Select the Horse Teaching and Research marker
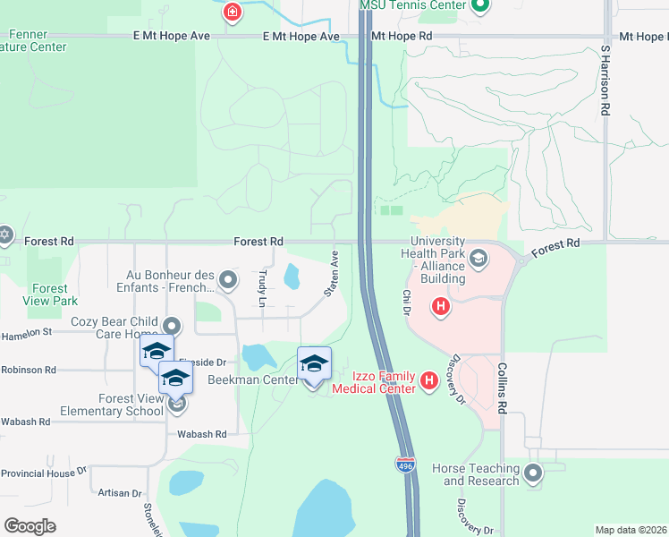click(534, 473)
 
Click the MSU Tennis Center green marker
click(480, 5)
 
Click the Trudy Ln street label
click(262, 289)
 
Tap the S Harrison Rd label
click(605, 81)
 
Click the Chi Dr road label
click(405, 302)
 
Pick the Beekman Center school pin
click(314, 364)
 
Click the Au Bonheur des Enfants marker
click(229, 281)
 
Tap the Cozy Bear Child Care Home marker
click(171, 328)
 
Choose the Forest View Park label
click(50, 294)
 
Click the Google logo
click(30, 525)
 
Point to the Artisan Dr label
click(120, 493)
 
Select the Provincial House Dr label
click(43, 472)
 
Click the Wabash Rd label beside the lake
click(201, 434)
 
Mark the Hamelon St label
click(27, 331)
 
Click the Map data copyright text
click(631, 530)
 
